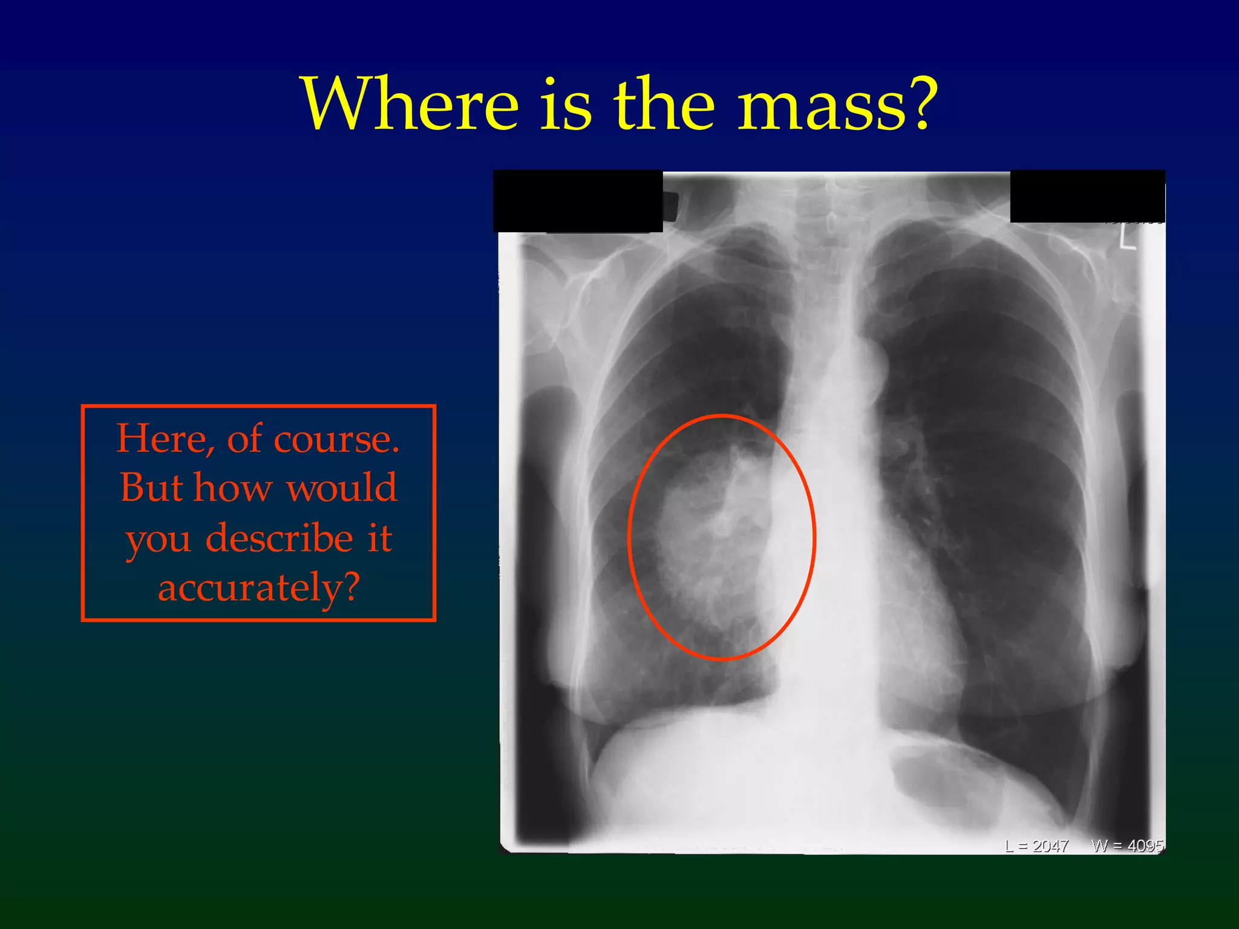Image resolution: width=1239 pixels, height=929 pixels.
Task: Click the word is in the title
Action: tap(566, 104)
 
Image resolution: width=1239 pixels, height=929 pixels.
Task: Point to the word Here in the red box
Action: tap(165, 438)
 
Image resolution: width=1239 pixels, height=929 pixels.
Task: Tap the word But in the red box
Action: tap(151, 487)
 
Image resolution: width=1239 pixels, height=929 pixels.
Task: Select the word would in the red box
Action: tap(341, 487)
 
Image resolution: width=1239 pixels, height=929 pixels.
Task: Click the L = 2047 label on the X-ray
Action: tap(1037, 846)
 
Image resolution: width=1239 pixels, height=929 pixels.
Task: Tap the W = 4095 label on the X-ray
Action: tap(1127, 846)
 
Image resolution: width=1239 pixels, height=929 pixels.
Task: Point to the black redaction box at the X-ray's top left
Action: tap(578, 201)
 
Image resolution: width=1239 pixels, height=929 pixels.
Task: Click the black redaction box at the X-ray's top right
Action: tap(1087, 197)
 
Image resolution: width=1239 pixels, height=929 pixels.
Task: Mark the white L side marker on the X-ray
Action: tap(1126, 236)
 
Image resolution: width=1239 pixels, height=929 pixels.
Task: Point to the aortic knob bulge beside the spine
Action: tap(876, 363)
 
